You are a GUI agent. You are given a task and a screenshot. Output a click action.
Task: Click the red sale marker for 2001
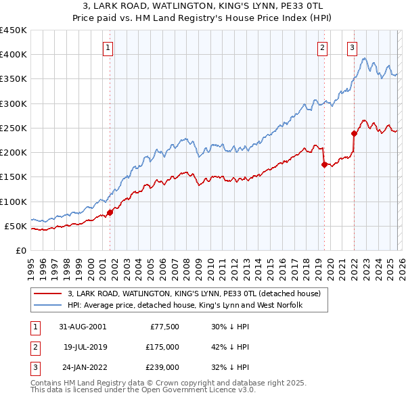tap(110, 212)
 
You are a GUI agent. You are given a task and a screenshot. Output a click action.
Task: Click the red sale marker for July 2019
tap(324, 164)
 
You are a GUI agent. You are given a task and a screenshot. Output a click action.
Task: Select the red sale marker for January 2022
tap(354, 133)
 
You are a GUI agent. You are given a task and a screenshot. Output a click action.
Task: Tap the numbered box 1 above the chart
tap(108, 47)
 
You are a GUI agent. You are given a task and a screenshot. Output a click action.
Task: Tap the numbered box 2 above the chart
tap(322, 47)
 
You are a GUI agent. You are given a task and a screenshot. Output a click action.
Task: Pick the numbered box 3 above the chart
tap(353, 47)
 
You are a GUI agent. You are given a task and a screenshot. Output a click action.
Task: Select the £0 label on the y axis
tap(20, 250)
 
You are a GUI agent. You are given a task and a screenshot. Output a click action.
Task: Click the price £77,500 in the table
tap(162, 326)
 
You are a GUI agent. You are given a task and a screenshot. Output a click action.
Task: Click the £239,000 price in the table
tap(162, 368)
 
